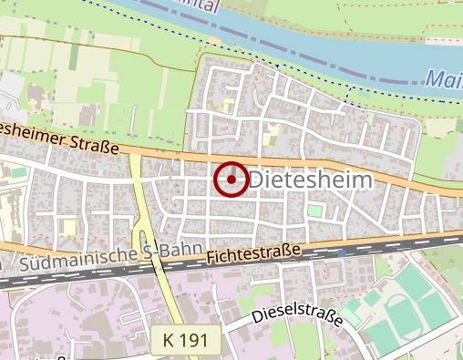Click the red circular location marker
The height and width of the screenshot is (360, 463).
click(x=231, y=180)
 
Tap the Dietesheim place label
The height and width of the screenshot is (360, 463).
click(x=311, y=180)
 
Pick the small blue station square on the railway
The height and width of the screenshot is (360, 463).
click(x=342, y=251)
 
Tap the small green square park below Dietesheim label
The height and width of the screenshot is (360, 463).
click(x=314, y=211)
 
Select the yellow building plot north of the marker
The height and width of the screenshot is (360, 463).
click(x=271, y=138)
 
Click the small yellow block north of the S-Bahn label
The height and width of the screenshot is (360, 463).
click(x=67, y=225)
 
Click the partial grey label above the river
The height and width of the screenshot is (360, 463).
click(x=219, y=4)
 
